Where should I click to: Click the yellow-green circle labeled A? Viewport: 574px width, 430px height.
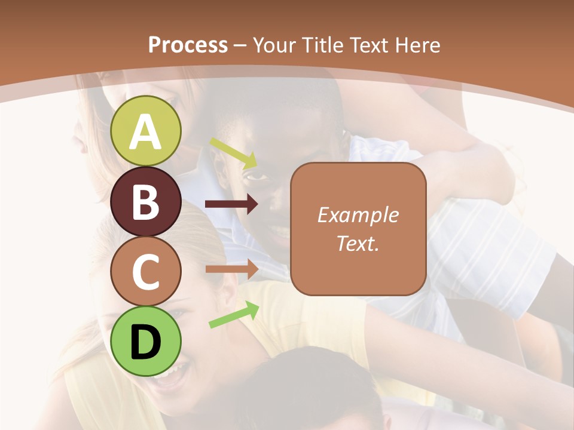pyautogui.click(x=146, y=131)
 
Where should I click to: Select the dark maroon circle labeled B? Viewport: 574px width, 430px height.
pyautogui.click(x=146, y=201)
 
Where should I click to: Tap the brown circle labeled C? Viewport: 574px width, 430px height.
pyautogui.click(x=146, y=271)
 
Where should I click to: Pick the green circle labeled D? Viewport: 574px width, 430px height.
pyautogui.click(x=146, y=341)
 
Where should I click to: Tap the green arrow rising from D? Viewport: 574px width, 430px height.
pyautogui.click(x=234, y=315)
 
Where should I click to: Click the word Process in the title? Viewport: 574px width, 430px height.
pyautogui.click(x=188, y=45)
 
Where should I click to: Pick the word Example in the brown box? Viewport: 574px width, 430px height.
pyautogui.click(x=358, y=215)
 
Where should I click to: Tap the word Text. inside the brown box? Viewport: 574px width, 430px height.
pyautogui.click(x=358, y=243)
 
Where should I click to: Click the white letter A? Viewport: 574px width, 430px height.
pyautogui.click(x=146, y=132)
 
